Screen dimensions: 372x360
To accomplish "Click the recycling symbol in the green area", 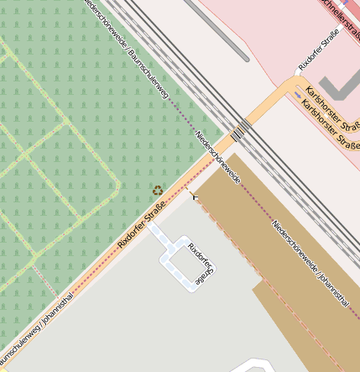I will point(157,191).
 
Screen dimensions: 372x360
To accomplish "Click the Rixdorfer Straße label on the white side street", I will point(323,51).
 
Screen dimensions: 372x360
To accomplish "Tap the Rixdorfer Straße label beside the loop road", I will point(201,266).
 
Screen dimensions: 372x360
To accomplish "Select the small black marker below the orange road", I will point(196,196).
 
